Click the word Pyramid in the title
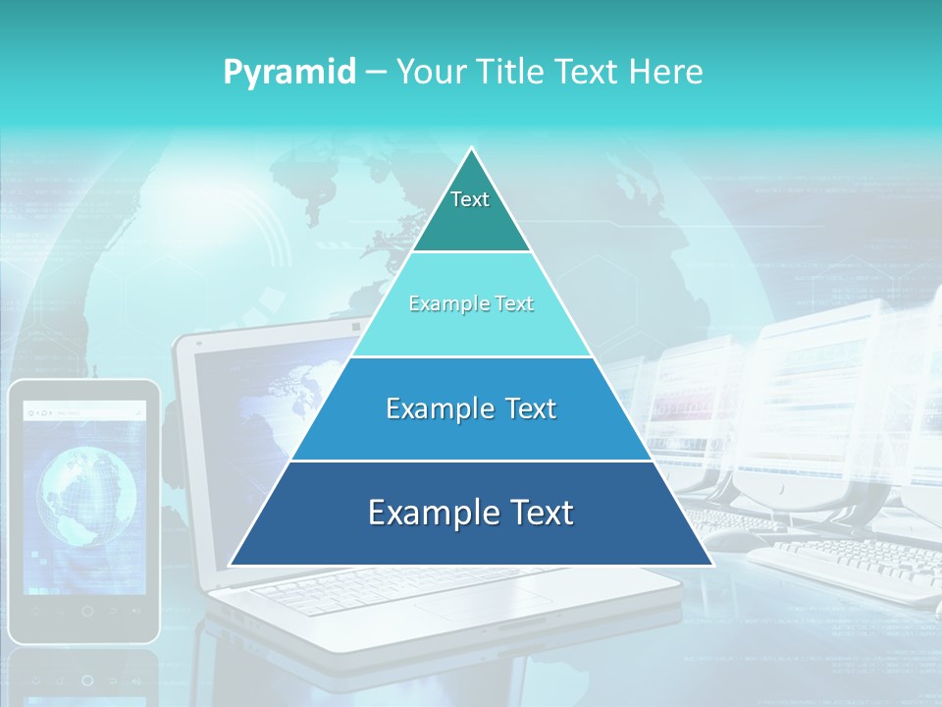pyautogui.click(x=289, y=72)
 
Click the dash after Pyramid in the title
pyautogui.click(x=376, y=73)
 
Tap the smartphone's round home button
pyautogui.click(x=86, y=611)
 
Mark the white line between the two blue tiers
pyautogui.click(x=471, y=461)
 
